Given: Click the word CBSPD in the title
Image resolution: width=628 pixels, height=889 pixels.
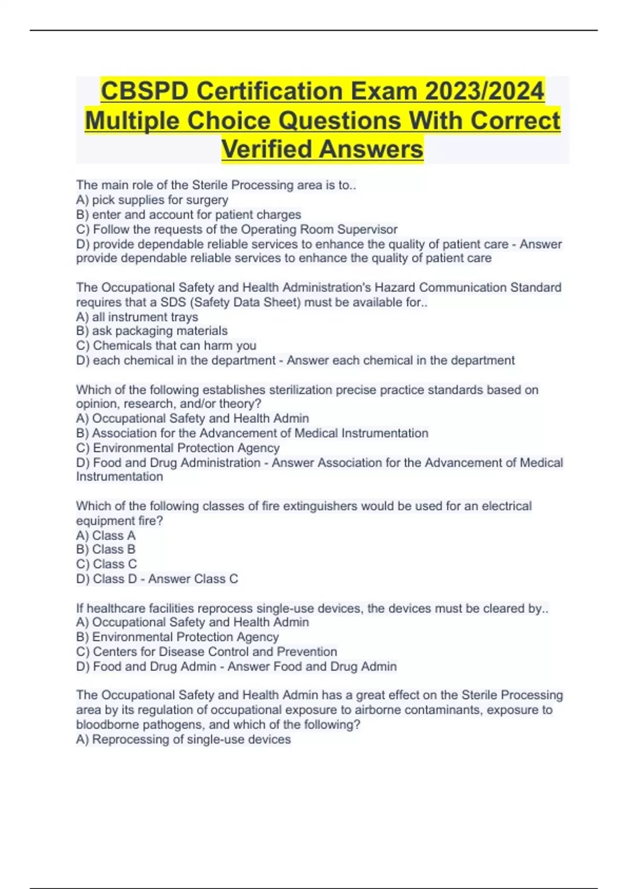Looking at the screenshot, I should [145, 91].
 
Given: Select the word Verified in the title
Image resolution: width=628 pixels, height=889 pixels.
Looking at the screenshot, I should [267, 149].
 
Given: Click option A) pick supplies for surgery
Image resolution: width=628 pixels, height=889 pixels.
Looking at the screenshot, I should [152, 200].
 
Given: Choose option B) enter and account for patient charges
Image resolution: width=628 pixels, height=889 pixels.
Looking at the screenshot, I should [188, 214].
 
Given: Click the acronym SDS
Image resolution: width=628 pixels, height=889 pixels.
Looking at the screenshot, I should [173, 302].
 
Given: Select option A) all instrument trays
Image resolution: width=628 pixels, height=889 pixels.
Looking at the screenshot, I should [137, 317].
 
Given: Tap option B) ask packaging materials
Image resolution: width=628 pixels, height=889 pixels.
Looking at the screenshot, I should [152, 331].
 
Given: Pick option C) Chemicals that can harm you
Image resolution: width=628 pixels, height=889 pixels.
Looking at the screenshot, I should [166, 346].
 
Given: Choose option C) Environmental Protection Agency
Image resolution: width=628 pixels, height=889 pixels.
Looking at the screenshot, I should [178, 448].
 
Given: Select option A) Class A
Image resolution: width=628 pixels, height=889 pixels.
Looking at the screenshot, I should [106, 535].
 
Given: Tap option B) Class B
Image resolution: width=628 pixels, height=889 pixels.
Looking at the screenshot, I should [106, 550].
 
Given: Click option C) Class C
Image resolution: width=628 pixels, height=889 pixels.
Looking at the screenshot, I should [106, 564].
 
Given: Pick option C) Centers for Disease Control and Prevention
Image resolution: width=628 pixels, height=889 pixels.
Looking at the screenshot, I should [206, 652].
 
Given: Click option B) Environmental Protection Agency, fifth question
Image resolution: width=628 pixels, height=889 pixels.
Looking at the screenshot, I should [177, 637].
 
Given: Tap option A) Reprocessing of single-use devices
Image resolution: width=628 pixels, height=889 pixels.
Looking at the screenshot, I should [183, 739].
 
